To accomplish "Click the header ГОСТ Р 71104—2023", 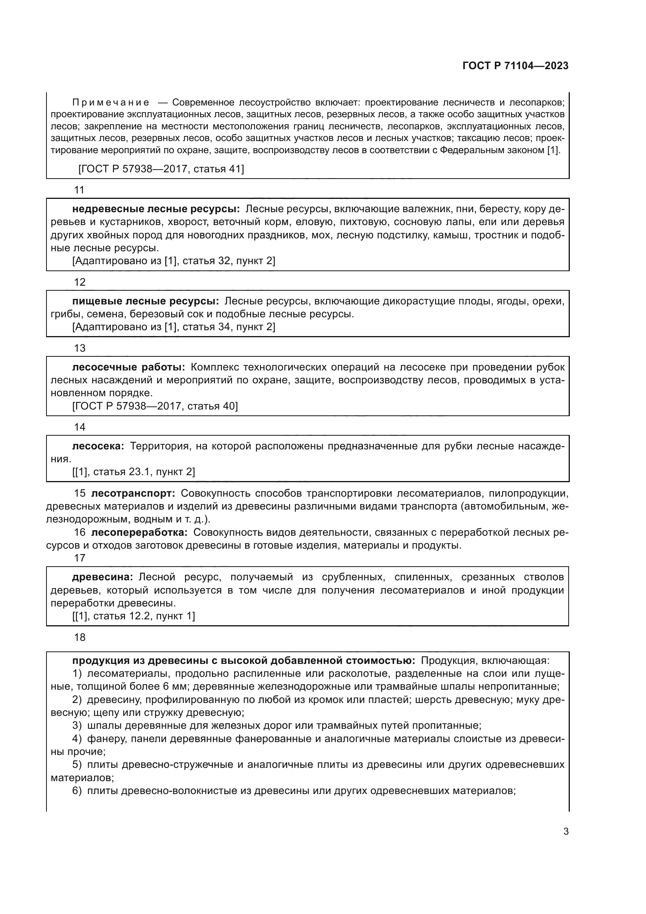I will (515, 66).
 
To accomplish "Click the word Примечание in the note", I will (111, 103).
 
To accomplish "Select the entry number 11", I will (80, 190).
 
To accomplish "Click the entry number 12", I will (80, 282).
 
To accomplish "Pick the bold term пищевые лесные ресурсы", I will (146, 301).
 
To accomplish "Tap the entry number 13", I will (80, 348).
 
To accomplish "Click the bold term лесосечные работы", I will (128, 367).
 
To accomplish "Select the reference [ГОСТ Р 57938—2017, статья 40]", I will (155, 406).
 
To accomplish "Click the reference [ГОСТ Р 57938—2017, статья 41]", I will (161, 169).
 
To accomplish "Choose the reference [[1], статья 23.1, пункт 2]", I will (134, 472).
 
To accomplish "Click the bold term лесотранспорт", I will (133, 494).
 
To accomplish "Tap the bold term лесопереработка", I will (139, 533).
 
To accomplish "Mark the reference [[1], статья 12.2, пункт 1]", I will (134, 616).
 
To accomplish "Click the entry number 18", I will (80, 637).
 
